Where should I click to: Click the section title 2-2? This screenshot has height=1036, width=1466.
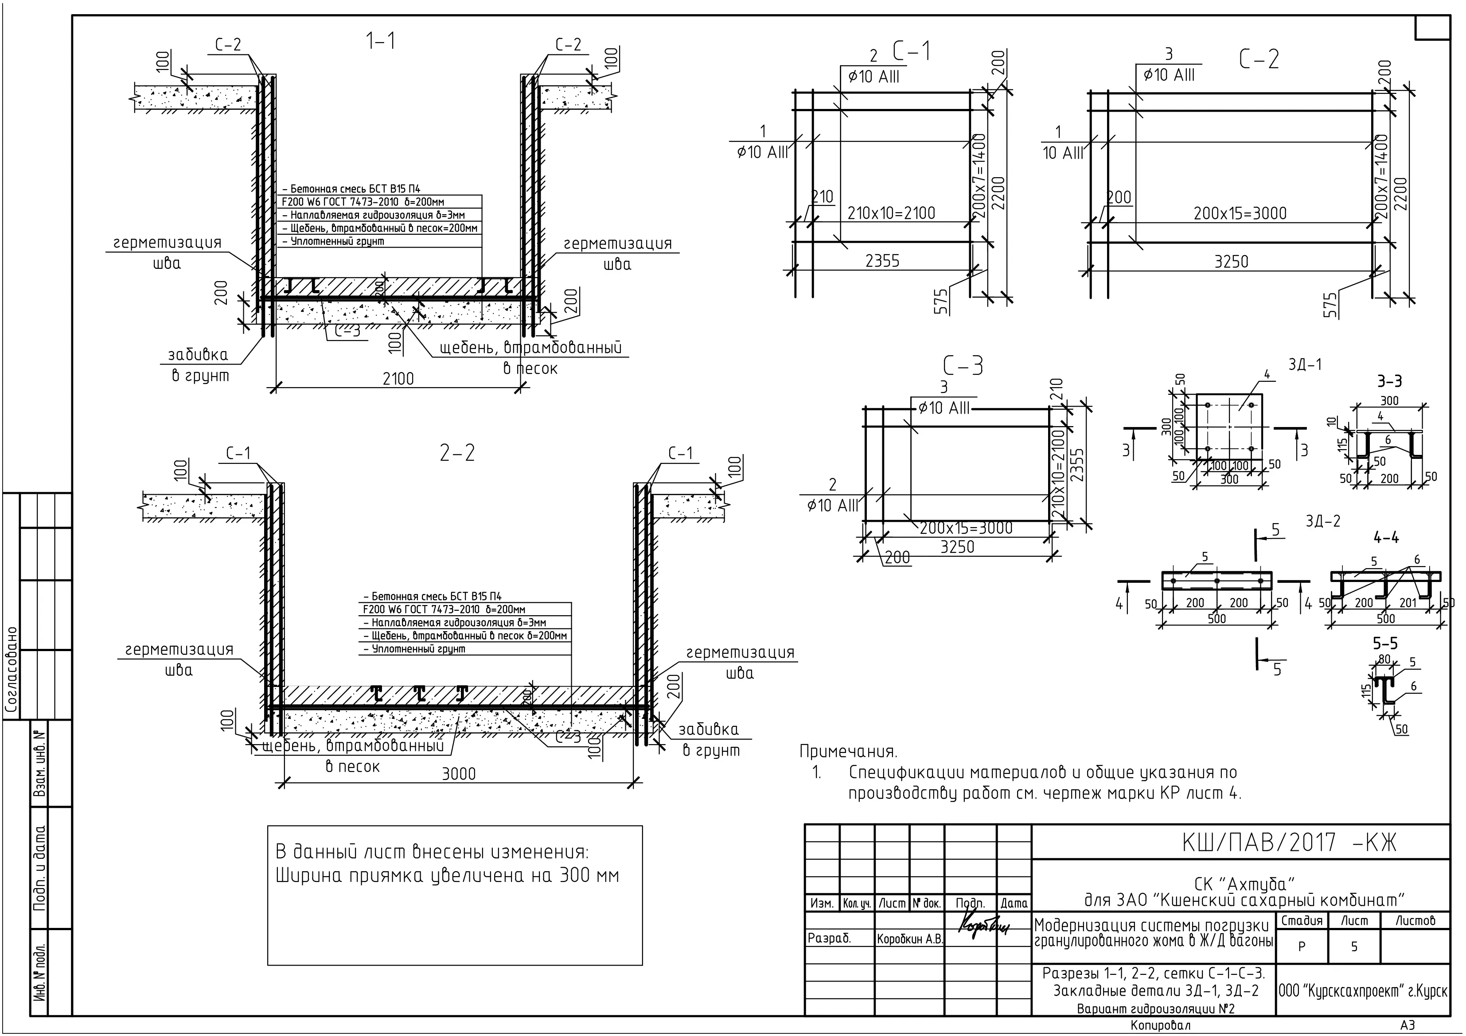pyautogui.click(x=458, y=453)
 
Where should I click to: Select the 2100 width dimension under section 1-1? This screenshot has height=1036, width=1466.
pyautogui.click(x=398, y=379)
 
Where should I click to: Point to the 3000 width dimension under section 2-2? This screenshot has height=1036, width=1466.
pyautogui.click(x=459, y=774)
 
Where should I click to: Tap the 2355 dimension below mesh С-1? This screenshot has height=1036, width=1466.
pyautogui.click(x=882, y=260)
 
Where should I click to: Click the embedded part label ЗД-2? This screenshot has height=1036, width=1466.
pyautogui.click(x=1323, y=521)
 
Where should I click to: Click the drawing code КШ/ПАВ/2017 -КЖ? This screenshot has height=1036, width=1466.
pyautogui.click(x=1290, y=843)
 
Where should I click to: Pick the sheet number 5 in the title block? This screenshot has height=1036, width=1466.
pyautogui.click(x=1354, y=947)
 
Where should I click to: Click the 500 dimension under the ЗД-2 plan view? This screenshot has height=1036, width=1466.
pyautogui.click(x=1217, y=618)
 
